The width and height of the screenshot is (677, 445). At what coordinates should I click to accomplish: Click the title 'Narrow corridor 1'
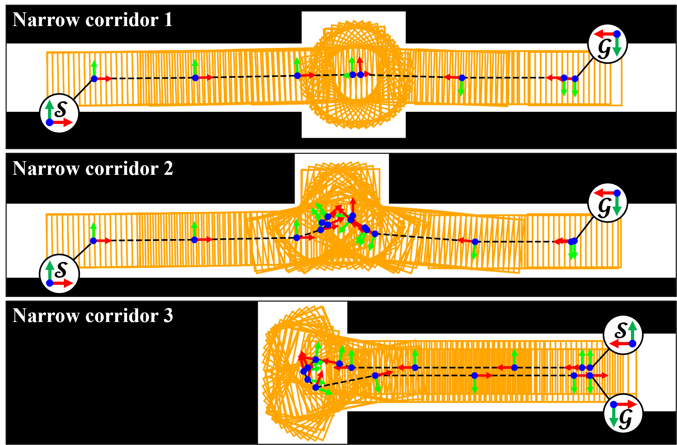[x=92, y=20]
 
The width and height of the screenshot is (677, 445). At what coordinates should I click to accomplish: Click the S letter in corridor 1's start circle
[x=61, y=109]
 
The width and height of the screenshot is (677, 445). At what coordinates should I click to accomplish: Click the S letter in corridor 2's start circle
[x=61, y=270]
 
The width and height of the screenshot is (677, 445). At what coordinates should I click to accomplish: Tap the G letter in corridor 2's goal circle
[x=604, y=208]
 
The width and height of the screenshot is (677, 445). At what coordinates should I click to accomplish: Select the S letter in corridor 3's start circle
[x=621, y=331]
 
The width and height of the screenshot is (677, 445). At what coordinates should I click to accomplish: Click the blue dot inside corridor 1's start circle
[x=50, y=122]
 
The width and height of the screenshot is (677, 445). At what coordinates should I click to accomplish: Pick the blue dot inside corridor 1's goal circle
[x=617, y=34]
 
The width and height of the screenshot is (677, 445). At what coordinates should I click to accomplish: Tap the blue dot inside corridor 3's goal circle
[x=613, y=404]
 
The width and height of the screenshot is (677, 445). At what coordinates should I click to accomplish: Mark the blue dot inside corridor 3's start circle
[x=633, y=344]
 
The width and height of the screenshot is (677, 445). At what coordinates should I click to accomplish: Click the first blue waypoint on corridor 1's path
[x=94, y=79]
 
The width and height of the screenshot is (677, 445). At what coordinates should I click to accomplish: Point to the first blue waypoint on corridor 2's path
[x=93, y=241]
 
